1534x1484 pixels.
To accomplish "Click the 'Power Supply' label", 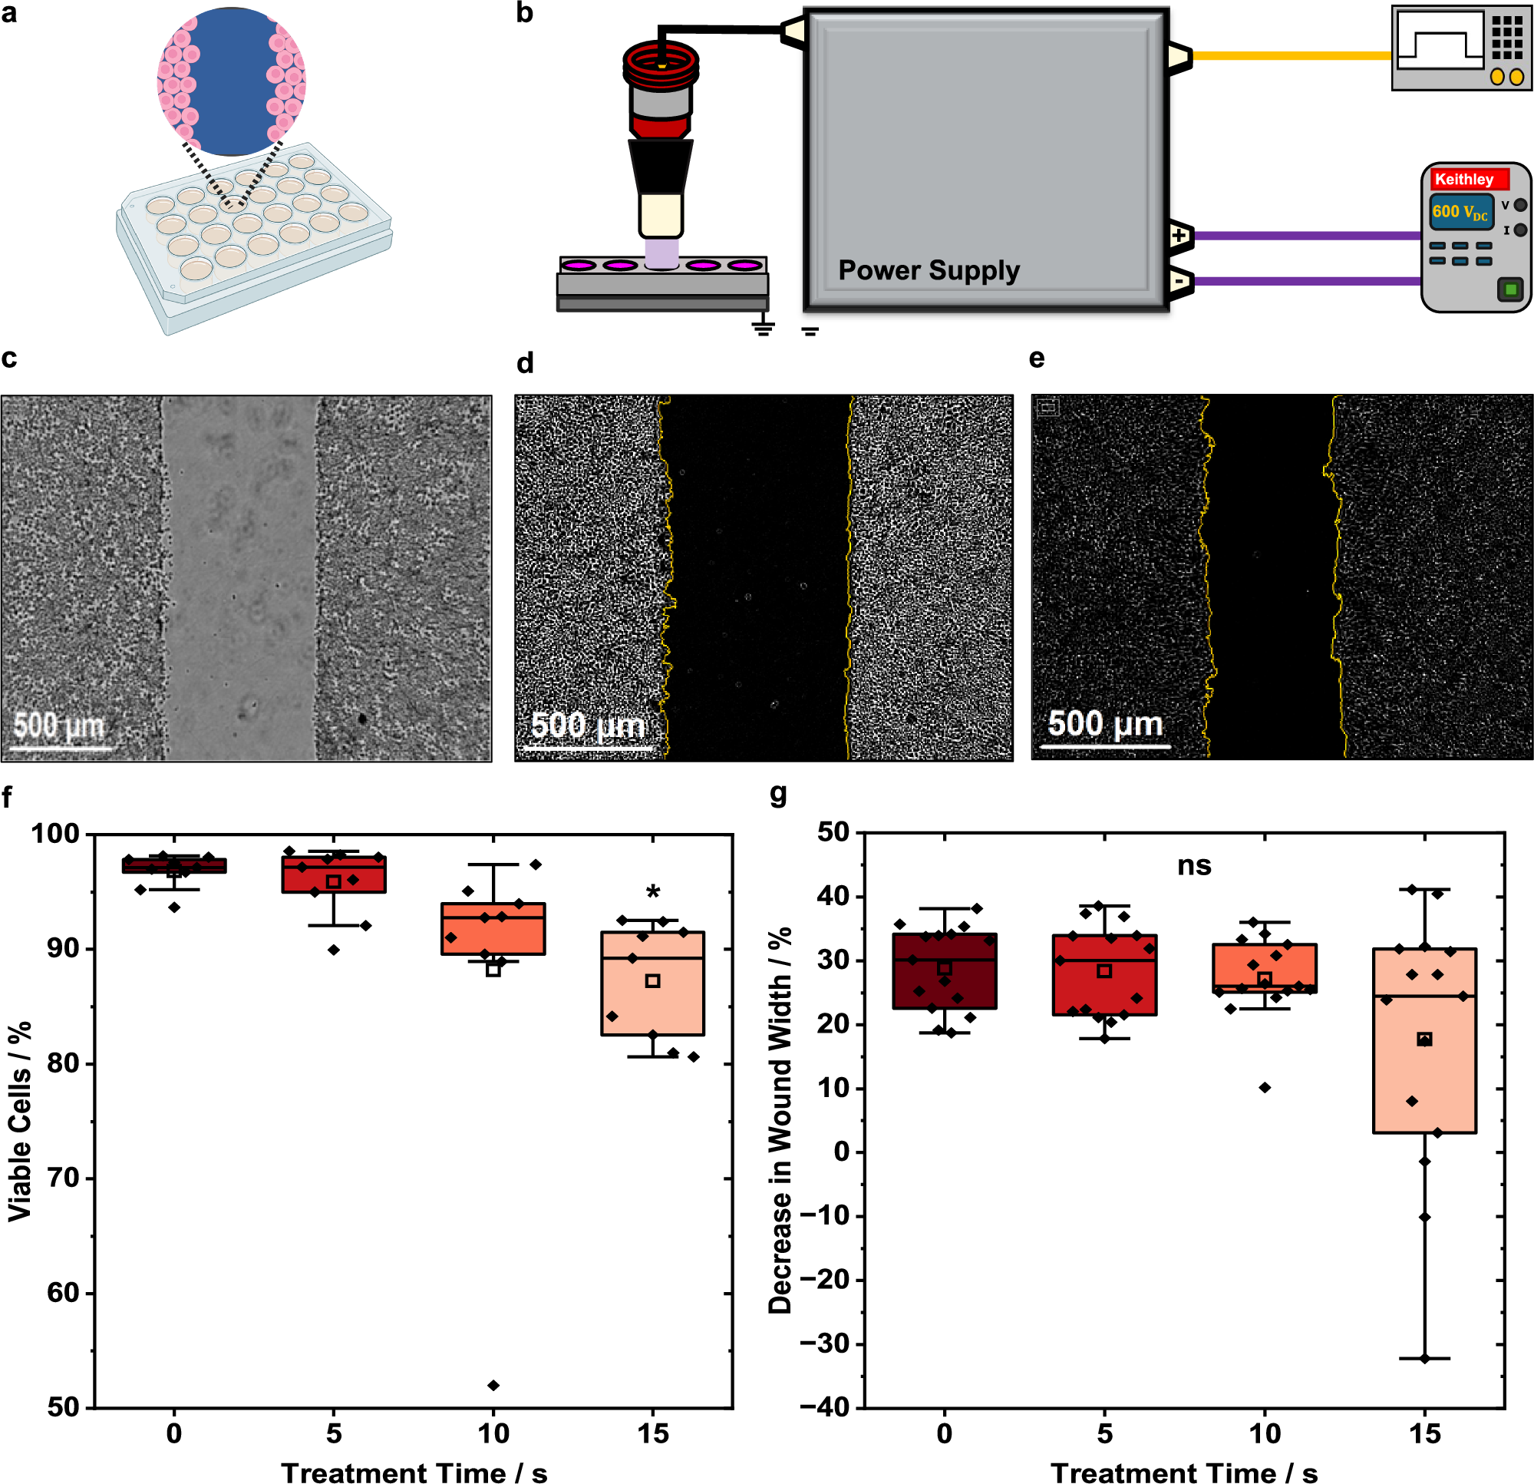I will [929, 270].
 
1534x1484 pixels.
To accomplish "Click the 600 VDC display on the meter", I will [1460, 211].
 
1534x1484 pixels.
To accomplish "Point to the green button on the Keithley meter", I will [1510, 289].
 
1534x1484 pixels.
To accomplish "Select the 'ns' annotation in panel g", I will [1193, 865].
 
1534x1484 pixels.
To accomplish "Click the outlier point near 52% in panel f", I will [493, 1385].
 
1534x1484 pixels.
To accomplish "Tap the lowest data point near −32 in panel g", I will [1424, 1359].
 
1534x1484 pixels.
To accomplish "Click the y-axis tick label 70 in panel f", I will [63, 1178].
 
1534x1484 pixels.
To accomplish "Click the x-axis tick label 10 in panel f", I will [493, 1433].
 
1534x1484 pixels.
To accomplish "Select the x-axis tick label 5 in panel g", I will [1104, 1433].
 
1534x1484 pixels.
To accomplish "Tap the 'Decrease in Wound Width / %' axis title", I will [780, 1120].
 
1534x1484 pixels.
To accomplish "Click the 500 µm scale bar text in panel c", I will [58, 725].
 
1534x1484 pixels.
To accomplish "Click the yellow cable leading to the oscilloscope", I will [1292, 55].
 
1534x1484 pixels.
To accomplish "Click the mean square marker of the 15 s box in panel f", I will [653, 981].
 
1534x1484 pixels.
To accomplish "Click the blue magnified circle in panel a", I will [231, 82].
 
